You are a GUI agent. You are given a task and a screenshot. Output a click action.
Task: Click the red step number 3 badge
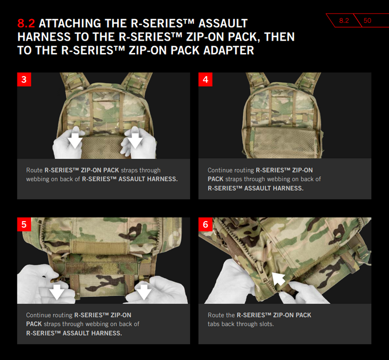tap(24, 79)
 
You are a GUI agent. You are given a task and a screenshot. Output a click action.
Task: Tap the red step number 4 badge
tap(205, 79)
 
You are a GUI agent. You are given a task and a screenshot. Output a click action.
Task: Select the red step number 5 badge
tap(24, 224)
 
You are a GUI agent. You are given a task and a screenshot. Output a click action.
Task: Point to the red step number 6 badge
tap(205, 224)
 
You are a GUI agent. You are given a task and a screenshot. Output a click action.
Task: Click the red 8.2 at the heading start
tap(26, 23)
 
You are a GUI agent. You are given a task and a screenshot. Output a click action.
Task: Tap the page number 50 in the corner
tap(367, 21)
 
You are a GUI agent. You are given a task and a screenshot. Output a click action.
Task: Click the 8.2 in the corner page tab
tap(344, 21)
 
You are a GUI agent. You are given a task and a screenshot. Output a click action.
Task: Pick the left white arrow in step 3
tap(75, 140)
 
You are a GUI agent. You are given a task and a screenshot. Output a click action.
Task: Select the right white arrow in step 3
tap(135, 140)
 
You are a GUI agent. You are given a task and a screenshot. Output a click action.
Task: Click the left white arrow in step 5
tap(57, 292)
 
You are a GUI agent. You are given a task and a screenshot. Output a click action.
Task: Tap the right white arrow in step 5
tap(144, 292)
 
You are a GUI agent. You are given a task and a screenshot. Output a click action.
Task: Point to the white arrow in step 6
tap(278, 279)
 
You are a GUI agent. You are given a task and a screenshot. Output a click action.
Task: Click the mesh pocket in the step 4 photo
tap(284, 142)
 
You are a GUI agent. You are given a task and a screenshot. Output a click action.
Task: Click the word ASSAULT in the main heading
tap(223, 23)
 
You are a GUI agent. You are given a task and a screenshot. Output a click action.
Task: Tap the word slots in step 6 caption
tap(267, 324)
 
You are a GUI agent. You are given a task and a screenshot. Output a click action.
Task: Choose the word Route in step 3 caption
tap(34, 170)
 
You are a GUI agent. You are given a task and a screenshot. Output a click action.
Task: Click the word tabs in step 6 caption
tap(214, 324)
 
